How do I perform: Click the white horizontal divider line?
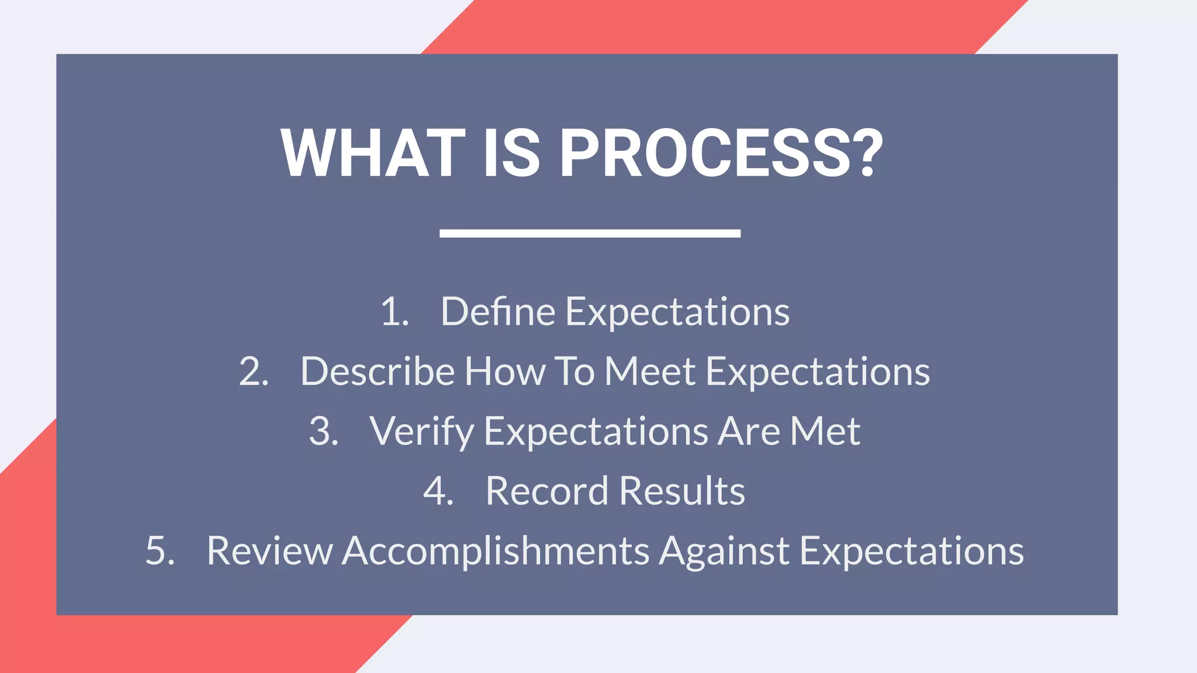(590, 233)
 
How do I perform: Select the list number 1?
(393, 312)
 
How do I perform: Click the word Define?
(497, 312)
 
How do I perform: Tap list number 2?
(254, 372)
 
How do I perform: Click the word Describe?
(377, 372)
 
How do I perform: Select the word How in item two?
(504, 372)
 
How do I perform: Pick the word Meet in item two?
(649, 372)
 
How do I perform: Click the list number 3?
(323, 432)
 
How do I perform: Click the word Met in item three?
(825, 432)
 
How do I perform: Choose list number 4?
(438, 491)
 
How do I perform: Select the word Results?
(681, 491)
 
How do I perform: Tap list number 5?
(160, 551)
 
